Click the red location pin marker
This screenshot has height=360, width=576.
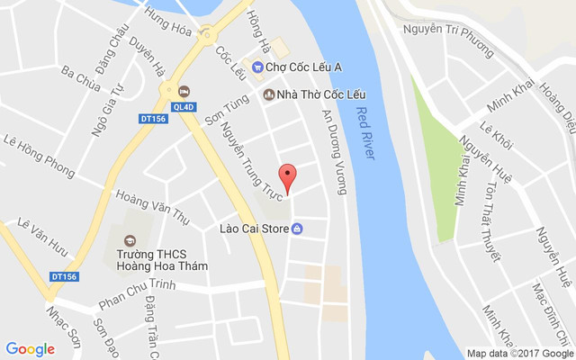click(287, 175)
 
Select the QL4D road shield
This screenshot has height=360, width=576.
click(184, 107)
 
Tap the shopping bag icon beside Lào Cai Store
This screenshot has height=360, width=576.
click(297, 229)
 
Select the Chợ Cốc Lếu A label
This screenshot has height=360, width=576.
click(303, 66)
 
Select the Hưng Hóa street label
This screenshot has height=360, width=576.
click(168, 25)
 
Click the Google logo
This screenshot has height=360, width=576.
click(30, 349)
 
